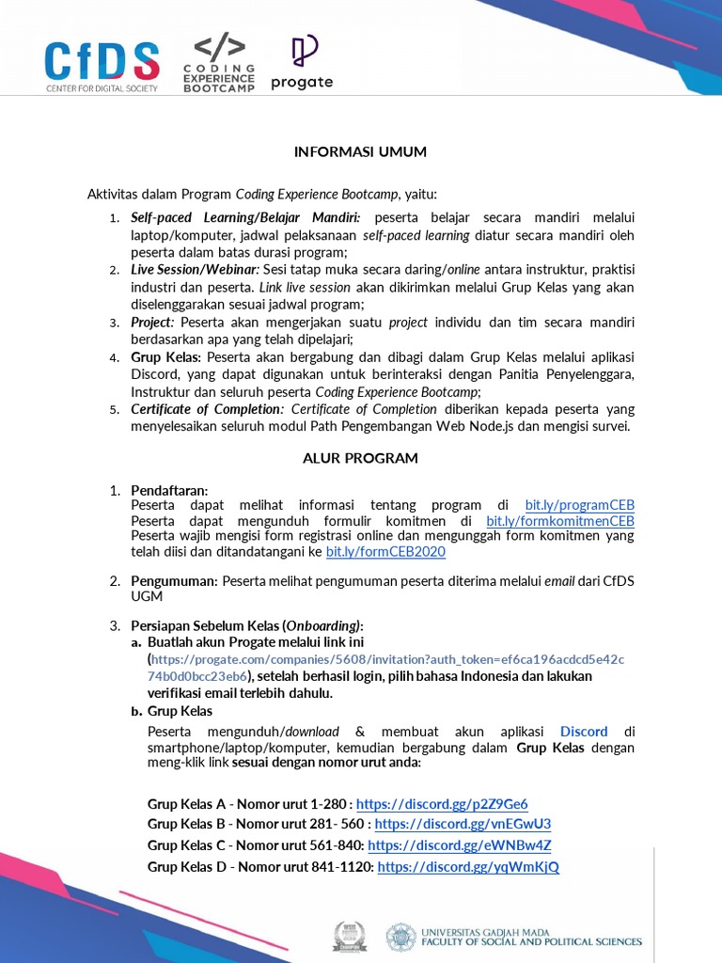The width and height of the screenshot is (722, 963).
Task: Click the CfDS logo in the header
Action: coord(102,66)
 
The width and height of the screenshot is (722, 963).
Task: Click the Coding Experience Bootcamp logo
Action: coord(219,65)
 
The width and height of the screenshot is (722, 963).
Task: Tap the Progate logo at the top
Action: coord(302,63)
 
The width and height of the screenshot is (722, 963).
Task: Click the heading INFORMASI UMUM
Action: coord(360,151)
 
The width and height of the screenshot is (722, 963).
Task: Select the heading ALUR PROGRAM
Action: coord(360,458)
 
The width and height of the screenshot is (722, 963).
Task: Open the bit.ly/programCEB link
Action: coord(579,505)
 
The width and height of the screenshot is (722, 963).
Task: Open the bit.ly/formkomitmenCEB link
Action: coord(559,521)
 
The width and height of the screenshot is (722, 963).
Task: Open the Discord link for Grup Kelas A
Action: coord(442,804)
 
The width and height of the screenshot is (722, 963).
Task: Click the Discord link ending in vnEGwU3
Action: coord(463,824)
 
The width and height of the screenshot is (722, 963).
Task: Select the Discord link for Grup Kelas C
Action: coord(459,845)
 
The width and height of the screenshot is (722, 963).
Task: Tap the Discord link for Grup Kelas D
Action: coord(468,867)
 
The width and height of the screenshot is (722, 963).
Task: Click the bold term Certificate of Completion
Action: coord(207,409)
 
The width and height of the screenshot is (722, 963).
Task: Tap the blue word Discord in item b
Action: coord(584,732)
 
